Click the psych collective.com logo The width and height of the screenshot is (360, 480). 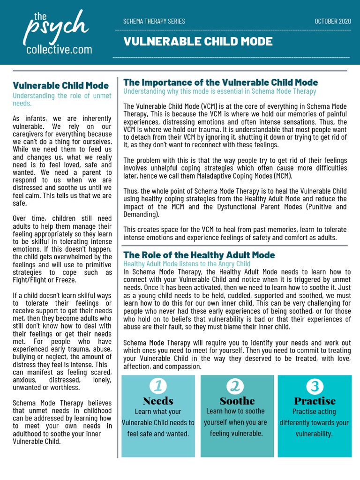(58, 33)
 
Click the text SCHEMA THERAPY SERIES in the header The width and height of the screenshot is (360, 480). (154, 21)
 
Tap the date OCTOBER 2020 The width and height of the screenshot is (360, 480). (332, 21)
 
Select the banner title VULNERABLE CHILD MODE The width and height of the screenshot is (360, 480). (197, 42)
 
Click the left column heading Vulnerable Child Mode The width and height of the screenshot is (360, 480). (60, 85)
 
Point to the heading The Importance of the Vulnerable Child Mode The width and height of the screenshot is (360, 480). (220, 82)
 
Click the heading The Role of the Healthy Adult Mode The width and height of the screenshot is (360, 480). (199, 255)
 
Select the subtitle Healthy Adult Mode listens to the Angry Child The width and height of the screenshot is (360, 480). (187, 264)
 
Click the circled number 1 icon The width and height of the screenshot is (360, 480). (158, 386)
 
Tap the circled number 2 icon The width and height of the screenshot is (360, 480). (237, 386)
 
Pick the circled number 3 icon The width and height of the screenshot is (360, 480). (315, 386)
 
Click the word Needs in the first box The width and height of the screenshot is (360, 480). (158, 401)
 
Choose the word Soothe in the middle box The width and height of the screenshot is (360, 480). (237, 401)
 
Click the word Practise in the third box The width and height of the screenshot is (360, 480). (315, 401)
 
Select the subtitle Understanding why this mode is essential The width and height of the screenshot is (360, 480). (219, 91)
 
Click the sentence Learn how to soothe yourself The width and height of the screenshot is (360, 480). (235, 416)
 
